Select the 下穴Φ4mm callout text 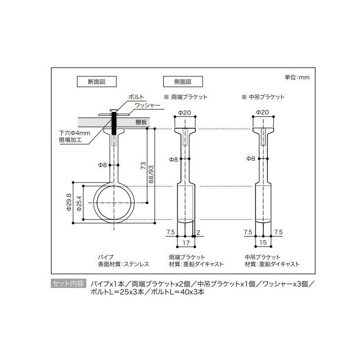coord(75,133)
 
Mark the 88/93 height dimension coord(152,175)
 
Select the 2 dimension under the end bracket coord(198,232)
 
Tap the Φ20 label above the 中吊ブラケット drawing coord(262,112)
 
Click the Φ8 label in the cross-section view coord(103,165)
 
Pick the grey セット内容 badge coord(68,284)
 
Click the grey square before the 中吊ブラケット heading coord(244,97)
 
